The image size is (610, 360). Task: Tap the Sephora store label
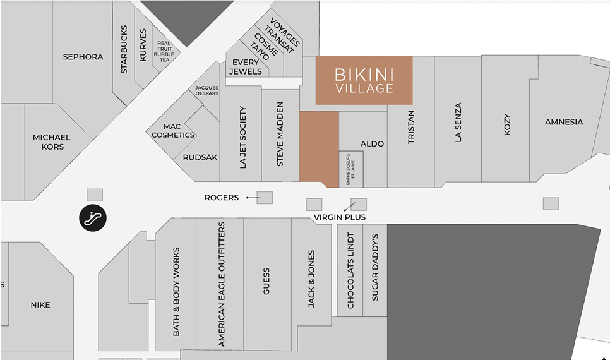(x=83, y=57)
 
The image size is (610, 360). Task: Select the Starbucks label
(x=124, y=49)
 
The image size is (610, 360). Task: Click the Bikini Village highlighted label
(x=364, y=81)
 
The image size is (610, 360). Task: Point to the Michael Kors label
(x=52, y=142)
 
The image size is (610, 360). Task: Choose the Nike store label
(x=40, y=305)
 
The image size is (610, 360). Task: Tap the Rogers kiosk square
(x=265, y=198)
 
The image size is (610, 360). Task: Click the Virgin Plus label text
(x=340, y=217)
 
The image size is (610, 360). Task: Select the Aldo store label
(x=372, y=144)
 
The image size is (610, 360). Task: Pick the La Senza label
(x=458, y=122)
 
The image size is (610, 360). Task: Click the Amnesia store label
(x=564, y=122)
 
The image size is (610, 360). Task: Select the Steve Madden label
(x=280, y=134)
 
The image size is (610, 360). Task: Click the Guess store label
(x=266, y=282)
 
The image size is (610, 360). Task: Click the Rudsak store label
(x=200, y=157)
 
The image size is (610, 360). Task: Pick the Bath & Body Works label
(x=176, y=291)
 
